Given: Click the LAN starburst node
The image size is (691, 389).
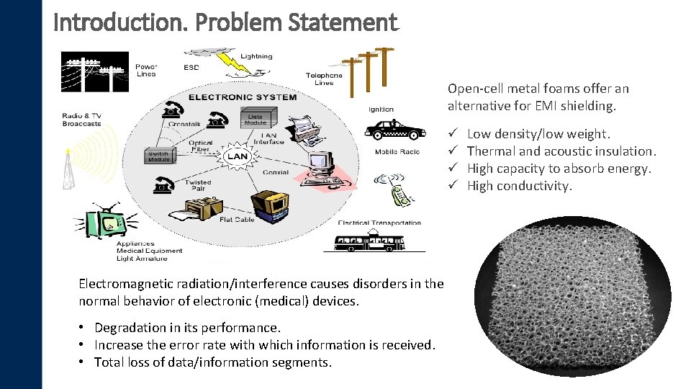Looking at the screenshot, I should click(x=238, y=156).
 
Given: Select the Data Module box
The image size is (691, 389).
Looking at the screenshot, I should click(x=256, y=119).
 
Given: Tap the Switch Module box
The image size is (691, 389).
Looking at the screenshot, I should click(x=158, y=156).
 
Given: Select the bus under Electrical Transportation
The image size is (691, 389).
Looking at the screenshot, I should click(x=369, y=241).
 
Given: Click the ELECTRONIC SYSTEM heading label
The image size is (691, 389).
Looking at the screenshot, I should click(x=242, y=97).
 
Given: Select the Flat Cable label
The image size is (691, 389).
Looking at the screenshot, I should click(x=237, y=220).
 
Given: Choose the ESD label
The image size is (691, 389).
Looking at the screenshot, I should click(x=191, y=68).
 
